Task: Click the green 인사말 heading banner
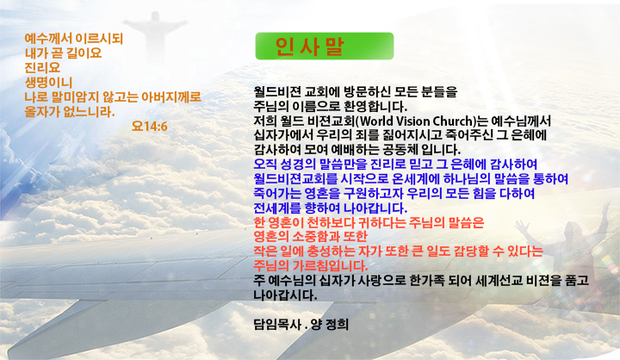pyautogui.click(x=325, y=47)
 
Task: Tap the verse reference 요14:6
pyautogui.click(x=150, y=127)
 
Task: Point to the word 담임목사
pyautogui.click(x=277, y=325)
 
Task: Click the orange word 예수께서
pyautogui.click(x=48, y=39)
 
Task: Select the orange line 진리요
pyautogui.click(x=42, y=68)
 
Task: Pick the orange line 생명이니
pyautogui.click(x=48, y=83)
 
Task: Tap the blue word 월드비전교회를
pyautogui.click(x=295, y=179)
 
